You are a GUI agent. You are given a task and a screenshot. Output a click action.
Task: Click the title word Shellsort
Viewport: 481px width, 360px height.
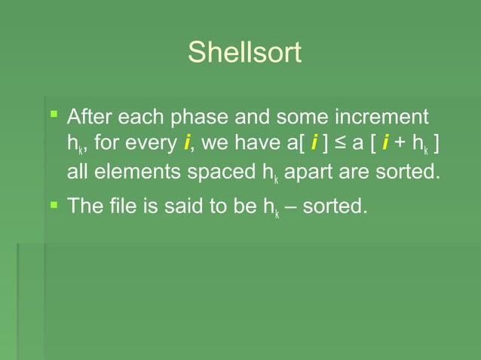[244, 53]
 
